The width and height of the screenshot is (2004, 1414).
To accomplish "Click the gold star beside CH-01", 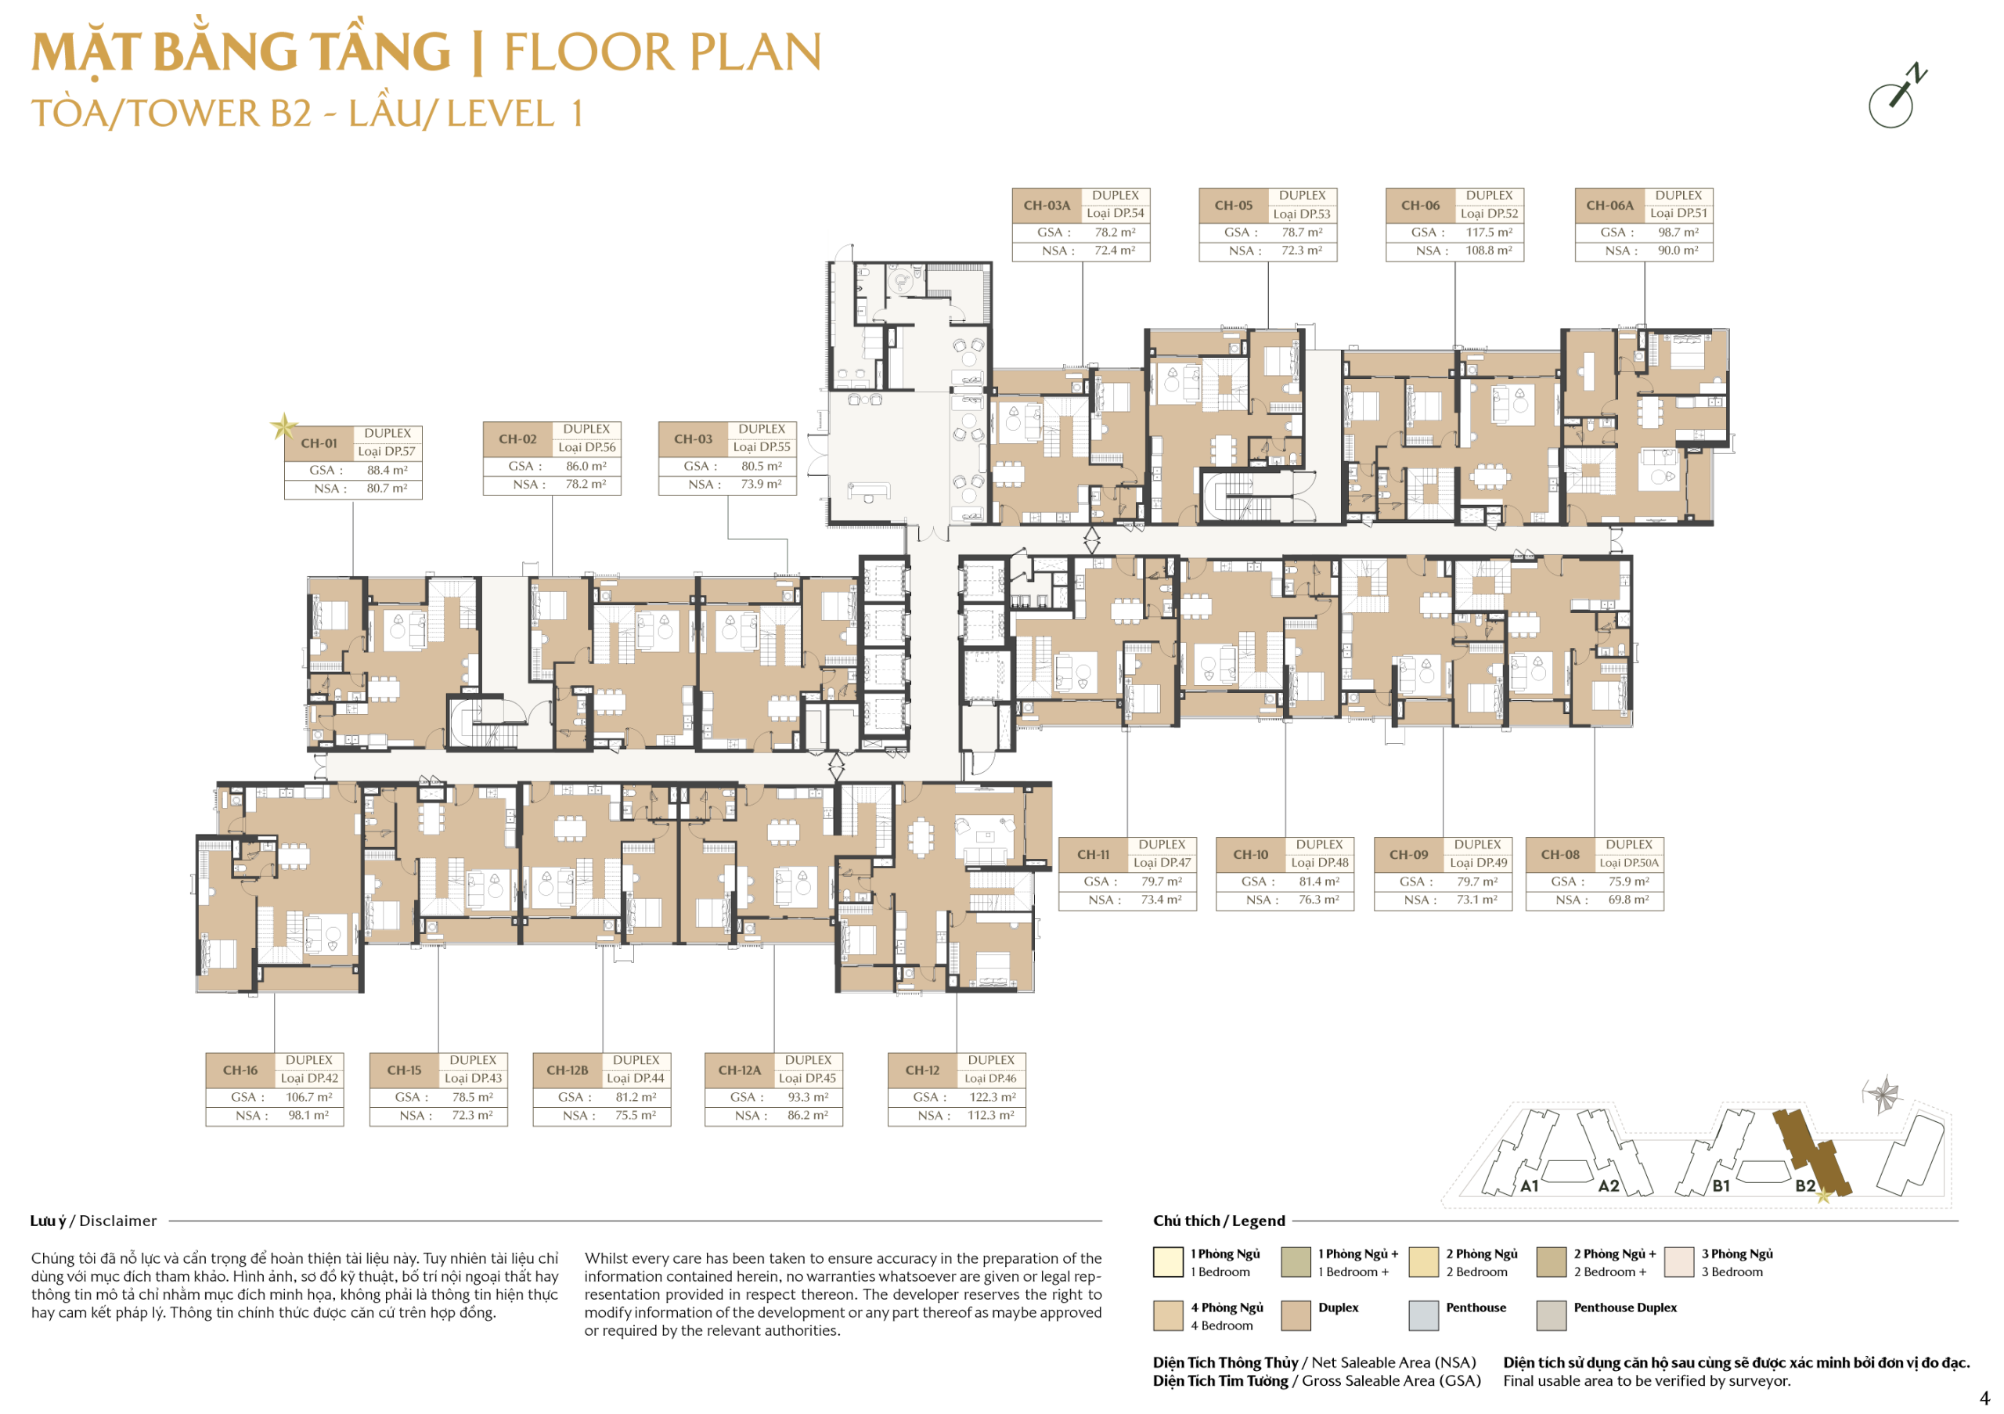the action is click(x=283, y=427).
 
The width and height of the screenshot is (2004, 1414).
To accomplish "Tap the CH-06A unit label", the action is click(x=1609, y=206).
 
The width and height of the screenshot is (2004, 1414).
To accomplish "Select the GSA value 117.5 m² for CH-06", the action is click(x=1489, y=233).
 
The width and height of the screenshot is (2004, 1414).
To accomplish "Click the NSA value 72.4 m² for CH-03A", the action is click(x=1115, y=251).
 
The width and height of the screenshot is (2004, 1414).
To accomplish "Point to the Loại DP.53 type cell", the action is click(x=1301, y=215).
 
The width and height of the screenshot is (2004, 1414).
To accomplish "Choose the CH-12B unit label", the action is click(x=568, y=1070).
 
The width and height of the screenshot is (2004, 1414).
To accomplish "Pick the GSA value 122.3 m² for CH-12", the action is click(x=993, y=1097).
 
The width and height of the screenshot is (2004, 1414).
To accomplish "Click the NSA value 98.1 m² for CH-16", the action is click(x=308, y=1116).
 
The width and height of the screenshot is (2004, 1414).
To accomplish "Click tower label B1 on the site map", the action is click(x=1721, y=1186).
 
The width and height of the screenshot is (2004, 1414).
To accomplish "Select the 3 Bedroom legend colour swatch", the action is click(x=1679, y=1263).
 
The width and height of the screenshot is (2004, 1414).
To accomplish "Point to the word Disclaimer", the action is click(x=118, y=1221).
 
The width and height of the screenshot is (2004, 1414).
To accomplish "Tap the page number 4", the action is click(x=1984, y=1398).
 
